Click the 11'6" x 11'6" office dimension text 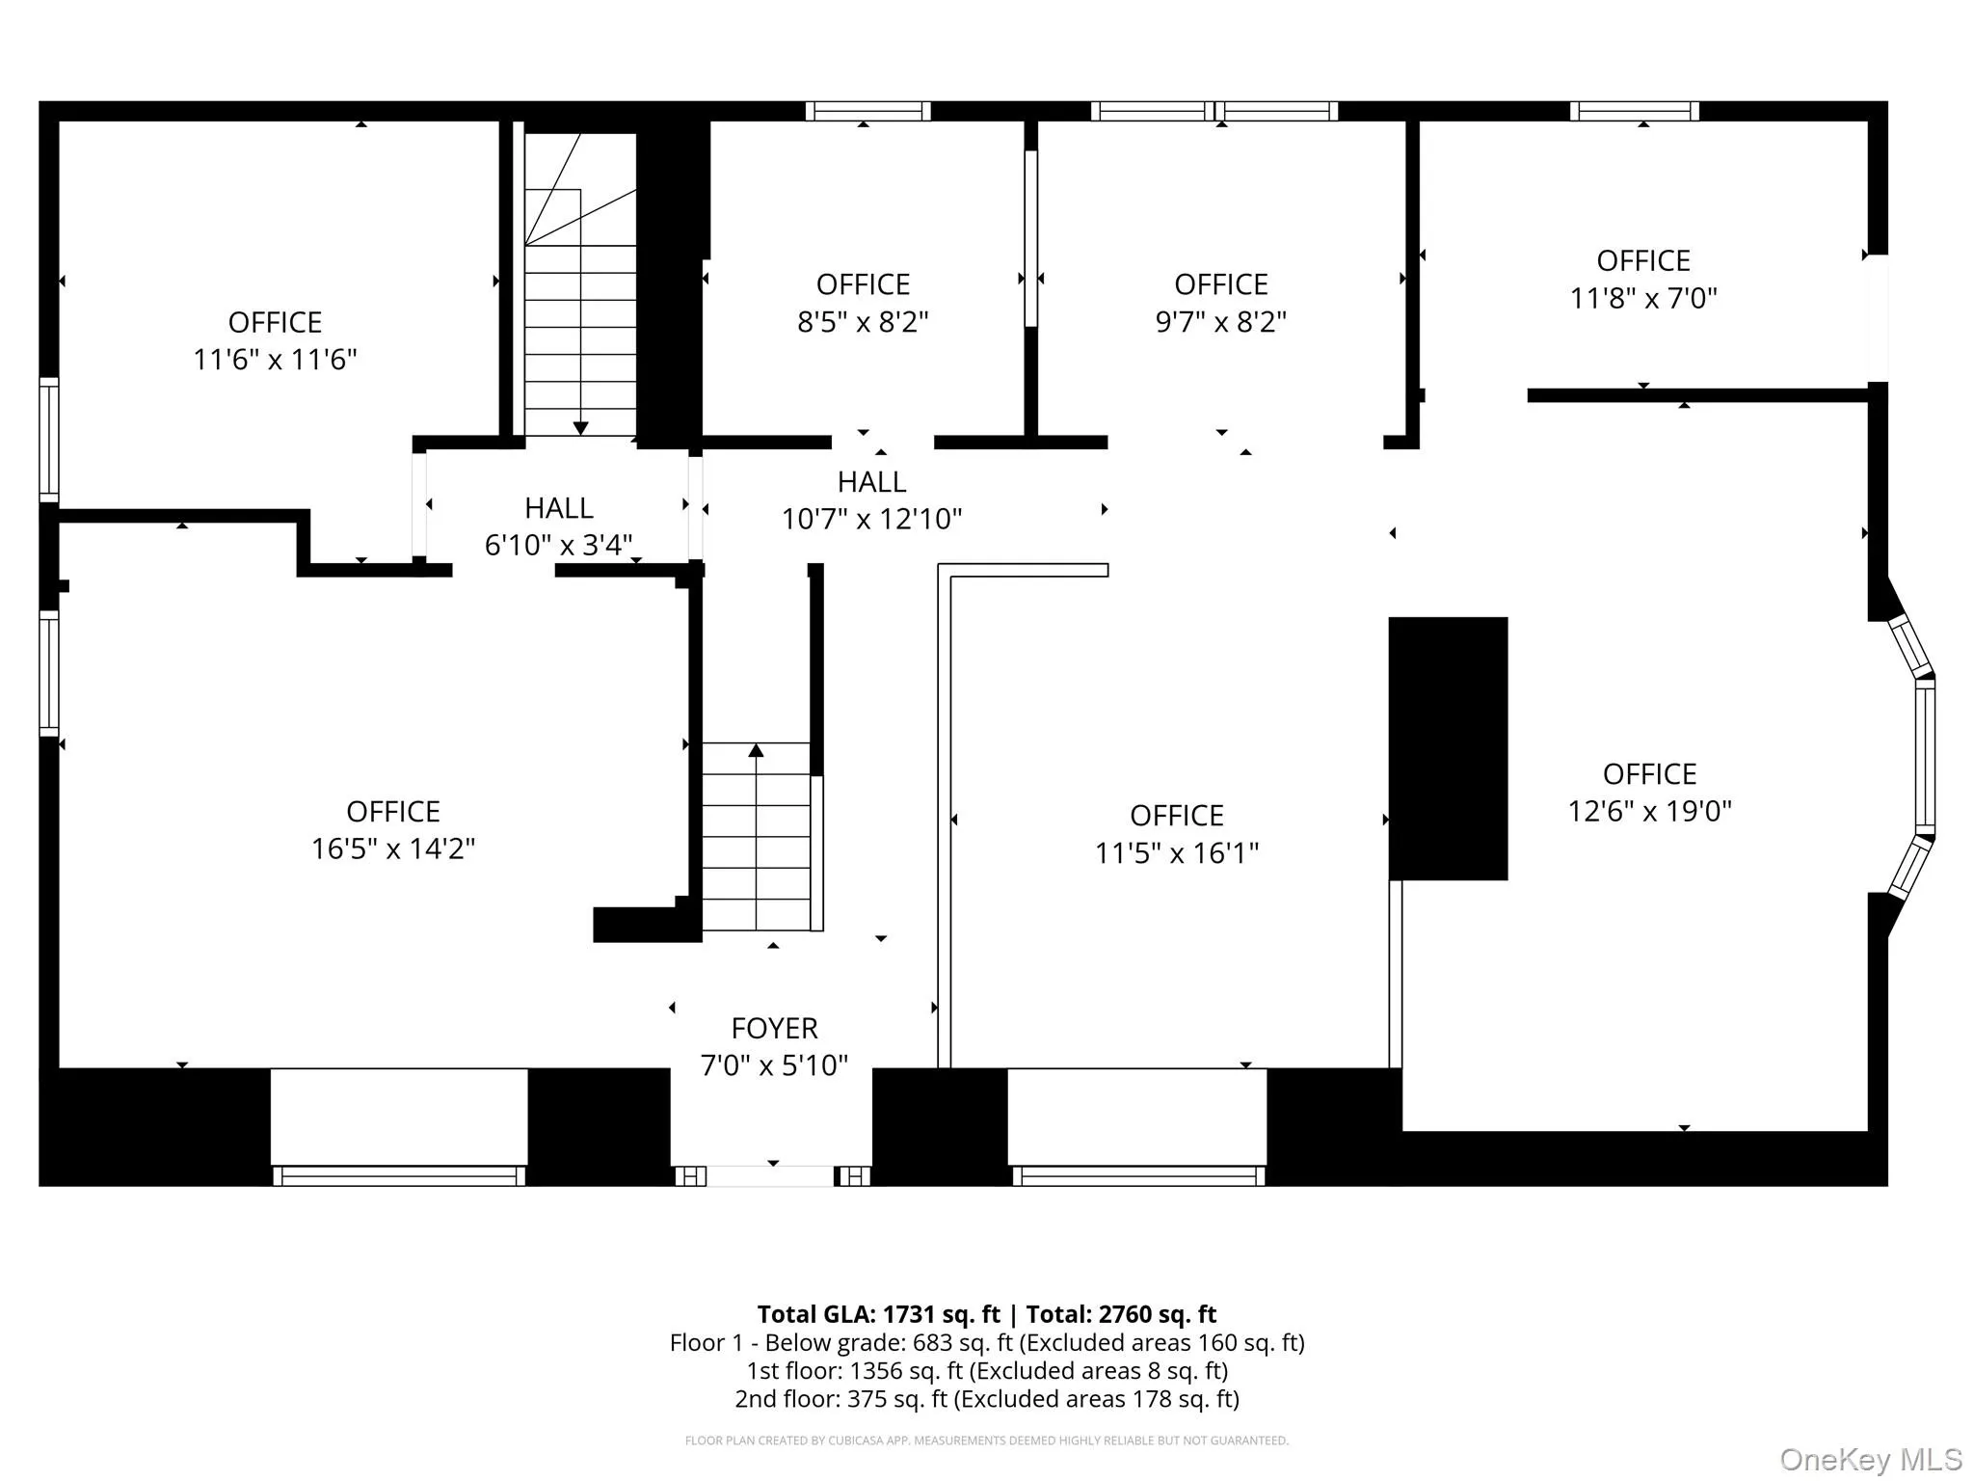click(x=275, y=360)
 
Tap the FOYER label click(x=774, y=1029)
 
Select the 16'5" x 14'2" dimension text click(x=392, y=848)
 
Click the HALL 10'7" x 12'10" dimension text click(x=871, y=520)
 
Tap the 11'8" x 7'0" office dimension click(x=1643, y=299)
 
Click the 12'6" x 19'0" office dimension click(x=1649, y=811)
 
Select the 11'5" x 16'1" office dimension click(x=1176, y=853)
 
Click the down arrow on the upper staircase click(x=580, y=427)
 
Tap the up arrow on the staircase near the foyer click(x=756, y=750)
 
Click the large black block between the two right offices click(x=1448, y=748)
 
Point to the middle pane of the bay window click(x=1924, y=757)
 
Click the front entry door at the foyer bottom click(x=771, y=1175)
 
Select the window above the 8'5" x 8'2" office click(x=867, y=112)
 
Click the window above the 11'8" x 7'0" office click(x=1634, y=112)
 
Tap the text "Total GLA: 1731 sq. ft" click(x=878, y=1315)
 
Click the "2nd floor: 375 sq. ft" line click(x=986, y=1399)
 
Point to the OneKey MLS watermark click(x=1870, y=1460)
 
